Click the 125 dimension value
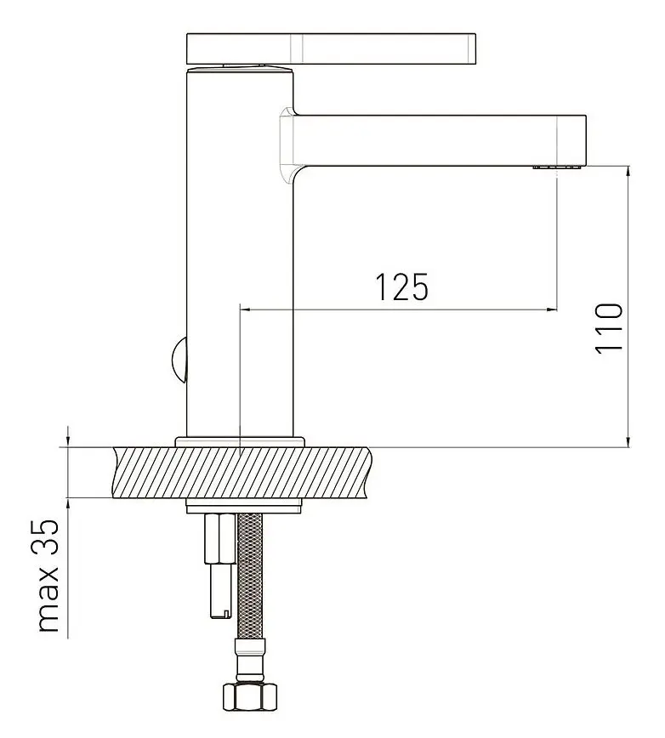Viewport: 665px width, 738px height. (402, 287)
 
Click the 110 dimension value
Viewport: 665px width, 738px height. (609, 328)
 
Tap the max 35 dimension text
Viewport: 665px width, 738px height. (49, 576)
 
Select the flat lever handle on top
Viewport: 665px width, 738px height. (332, 48)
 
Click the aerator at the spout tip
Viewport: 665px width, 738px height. (558, 167)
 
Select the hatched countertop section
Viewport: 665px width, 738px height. (242, 472)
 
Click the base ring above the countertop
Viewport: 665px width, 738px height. (240, 441)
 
